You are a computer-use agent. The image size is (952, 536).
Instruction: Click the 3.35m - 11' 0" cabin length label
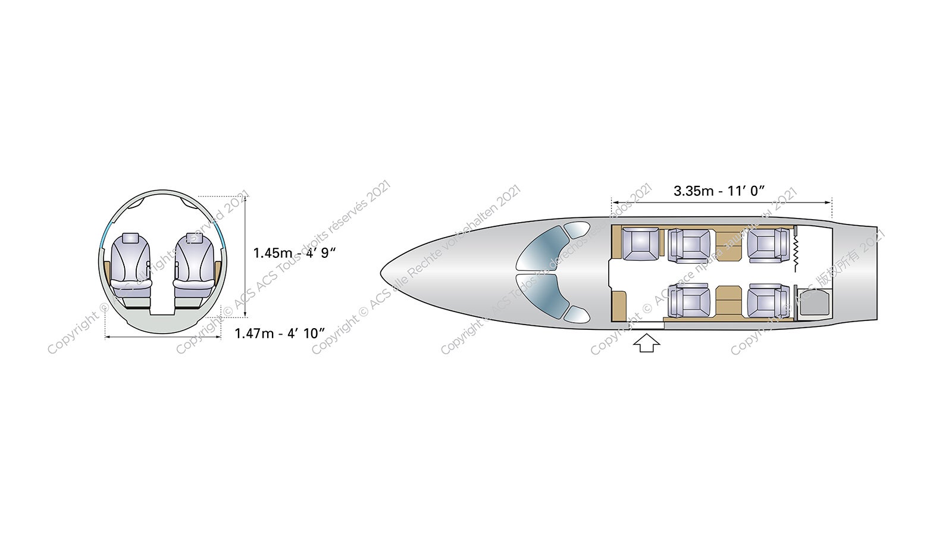coord(719,191)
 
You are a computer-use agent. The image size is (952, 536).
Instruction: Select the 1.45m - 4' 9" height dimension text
coord(295,253)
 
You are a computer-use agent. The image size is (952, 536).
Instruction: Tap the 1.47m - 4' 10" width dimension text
coord(280,333)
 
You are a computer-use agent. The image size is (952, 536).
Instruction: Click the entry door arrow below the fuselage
coord(646,343)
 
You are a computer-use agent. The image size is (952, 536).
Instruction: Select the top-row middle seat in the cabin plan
coord(690,245)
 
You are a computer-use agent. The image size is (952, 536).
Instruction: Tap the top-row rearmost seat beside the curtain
coord(768,245)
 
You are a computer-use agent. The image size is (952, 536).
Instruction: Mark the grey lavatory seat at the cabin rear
coord(813,303)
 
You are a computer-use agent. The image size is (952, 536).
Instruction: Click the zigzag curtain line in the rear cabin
coord(795,252)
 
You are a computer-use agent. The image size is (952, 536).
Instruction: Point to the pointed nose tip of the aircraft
coord(383,273)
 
